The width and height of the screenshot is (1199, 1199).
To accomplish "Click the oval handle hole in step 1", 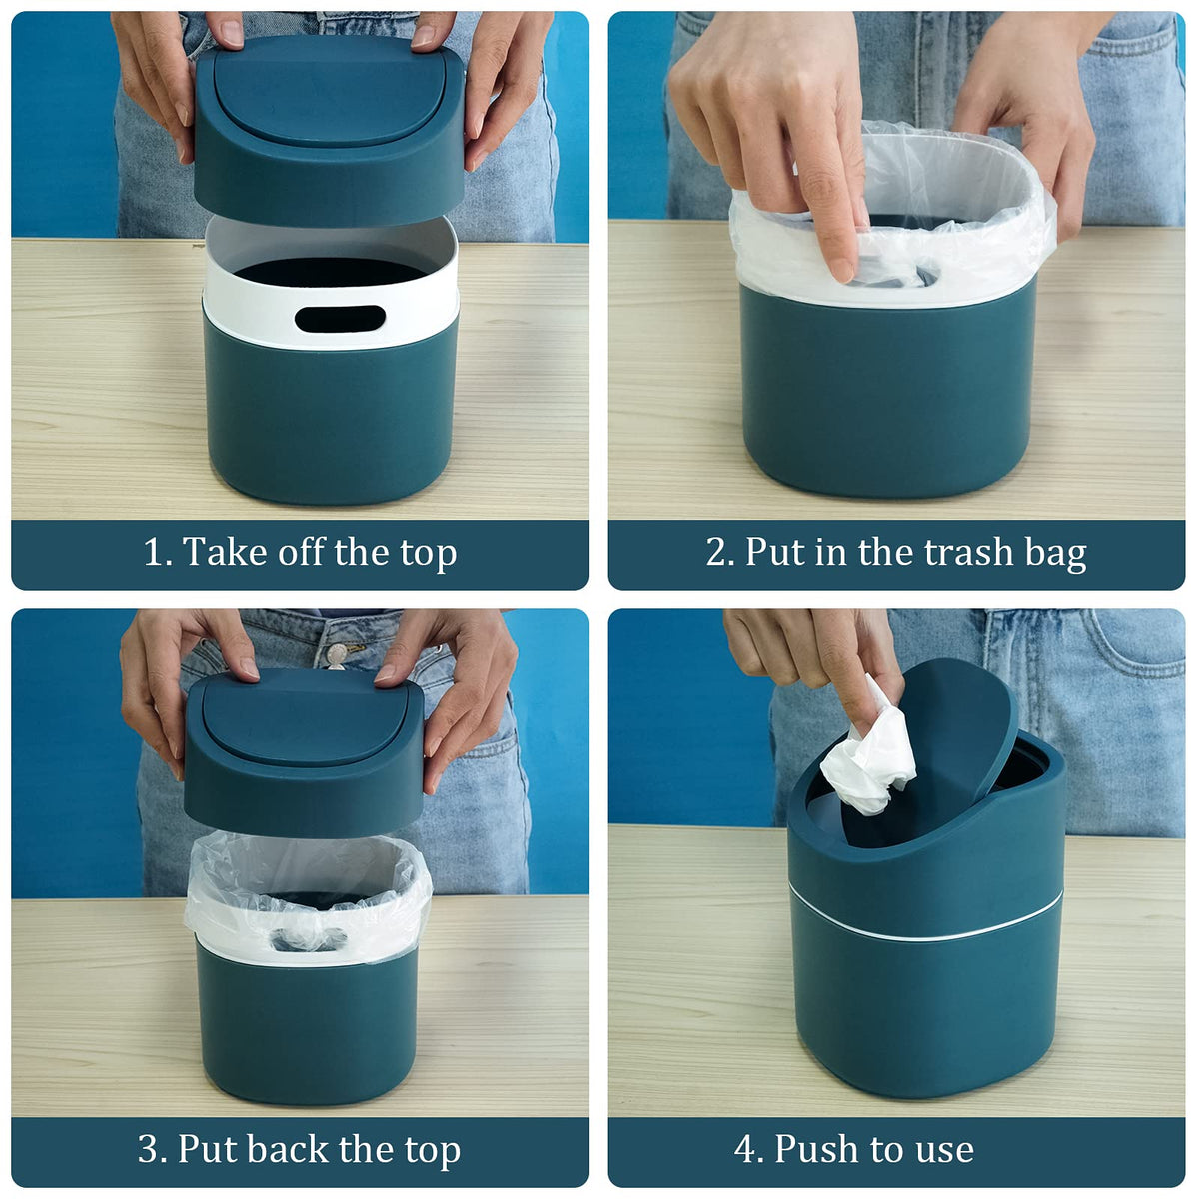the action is (x=340, y=318).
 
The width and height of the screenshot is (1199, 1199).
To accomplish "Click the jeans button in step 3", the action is (x=337, y=654).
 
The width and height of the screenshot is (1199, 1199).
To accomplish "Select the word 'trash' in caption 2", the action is (x=969, y=552).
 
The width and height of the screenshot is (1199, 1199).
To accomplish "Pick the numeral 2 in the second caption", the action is (x=715, y=552).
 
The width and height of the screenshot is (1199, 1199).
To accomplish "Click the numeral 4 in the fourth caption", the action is (x=744, y=1149).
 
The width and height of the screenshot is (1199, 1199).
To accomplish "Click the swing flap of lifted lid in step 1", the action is (x=329, y=92).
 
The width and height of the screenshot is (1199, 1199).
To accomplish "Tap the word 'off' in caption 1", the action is (x=302, y=552).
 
